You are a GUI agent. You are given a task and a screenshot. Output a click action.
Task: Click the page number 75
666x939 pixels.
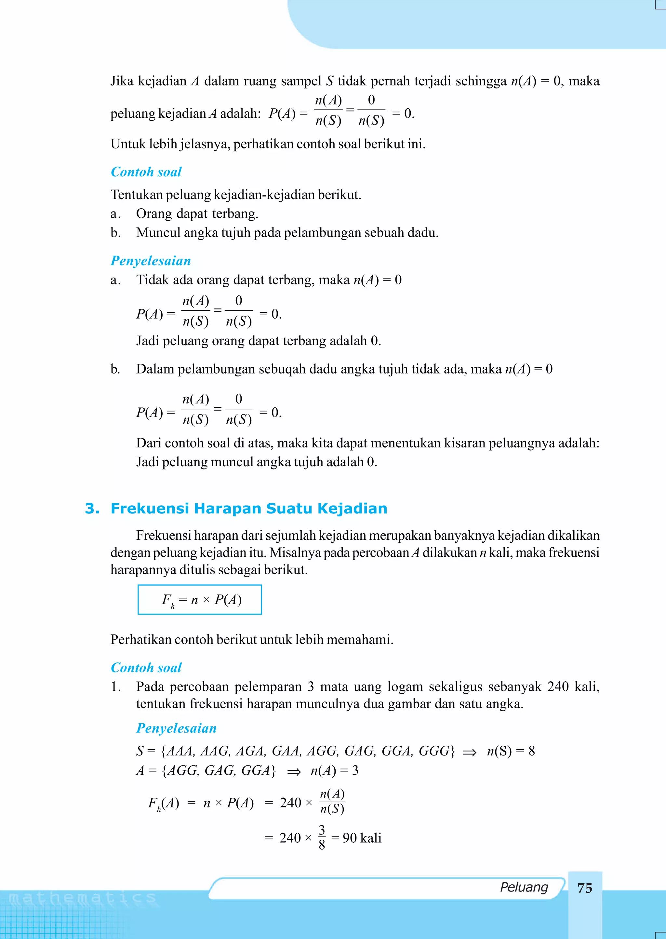point(584,888)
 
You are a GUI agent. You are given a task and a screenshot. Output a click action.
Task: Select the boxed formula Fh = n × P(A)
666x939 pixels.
point(200,600)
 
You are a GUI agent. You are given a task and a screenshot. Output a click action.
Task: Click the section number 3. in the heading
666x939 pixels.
point(92,508)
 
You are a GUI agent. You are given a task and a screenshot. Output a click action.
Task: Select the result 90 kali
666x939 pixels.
point(362,838)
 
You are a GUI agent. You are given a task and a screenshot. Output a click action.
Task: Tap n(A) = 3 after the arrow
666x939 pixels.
point(334,770)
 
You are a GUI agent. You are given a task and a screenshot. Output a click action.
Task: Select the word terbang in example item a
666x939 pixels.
point(239,214)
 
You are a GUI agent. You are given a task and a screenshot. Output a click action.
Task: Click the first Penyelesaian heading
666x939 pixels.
point(151,261)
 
